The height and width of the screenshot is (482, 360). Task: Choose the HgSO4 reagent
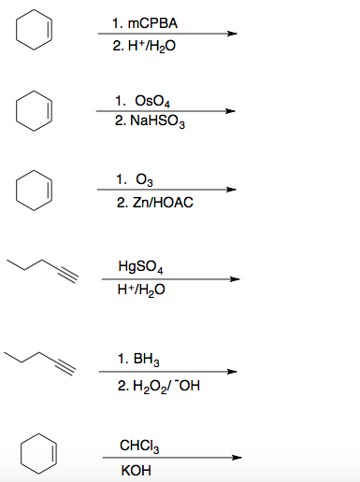click(143, 268)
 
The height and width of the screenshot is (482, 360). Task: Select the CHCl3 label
click(139, 445)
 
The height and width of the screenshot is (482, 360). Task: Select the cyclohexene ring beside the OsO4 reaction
click(33, 110)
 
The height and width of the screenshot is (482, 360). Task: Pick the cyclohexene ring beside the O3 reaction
click(33, 190)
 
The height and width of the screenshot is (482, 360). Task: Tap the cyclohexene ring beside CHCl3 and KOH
click(33, 454)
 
